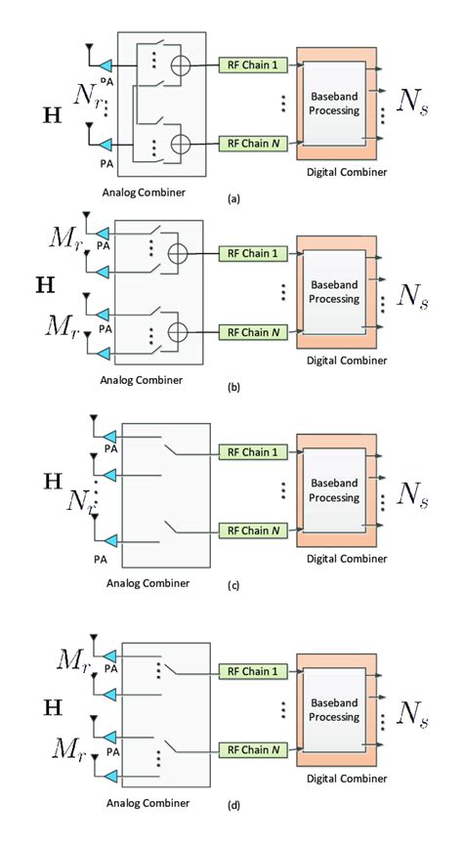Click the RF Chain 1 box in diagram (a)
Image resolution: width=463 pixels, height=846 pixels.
tap(249, 63)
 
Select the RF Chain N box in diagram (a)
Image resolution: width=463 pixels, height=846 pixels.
tap(249, 144)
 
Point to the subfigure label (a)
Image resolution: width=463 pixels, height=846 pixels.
tap(231, 197)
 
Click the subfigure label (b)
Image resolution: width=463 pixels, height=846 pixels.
tap(231, 387)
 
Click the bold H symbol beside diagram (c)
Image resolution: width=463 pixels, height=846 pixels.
tap(54, 480)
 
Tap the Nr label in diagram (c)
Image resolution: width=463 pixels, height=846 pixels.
tap(80, 502)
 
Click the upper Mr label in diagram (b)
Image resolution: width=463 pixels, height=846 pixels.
tap(65, 237)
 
